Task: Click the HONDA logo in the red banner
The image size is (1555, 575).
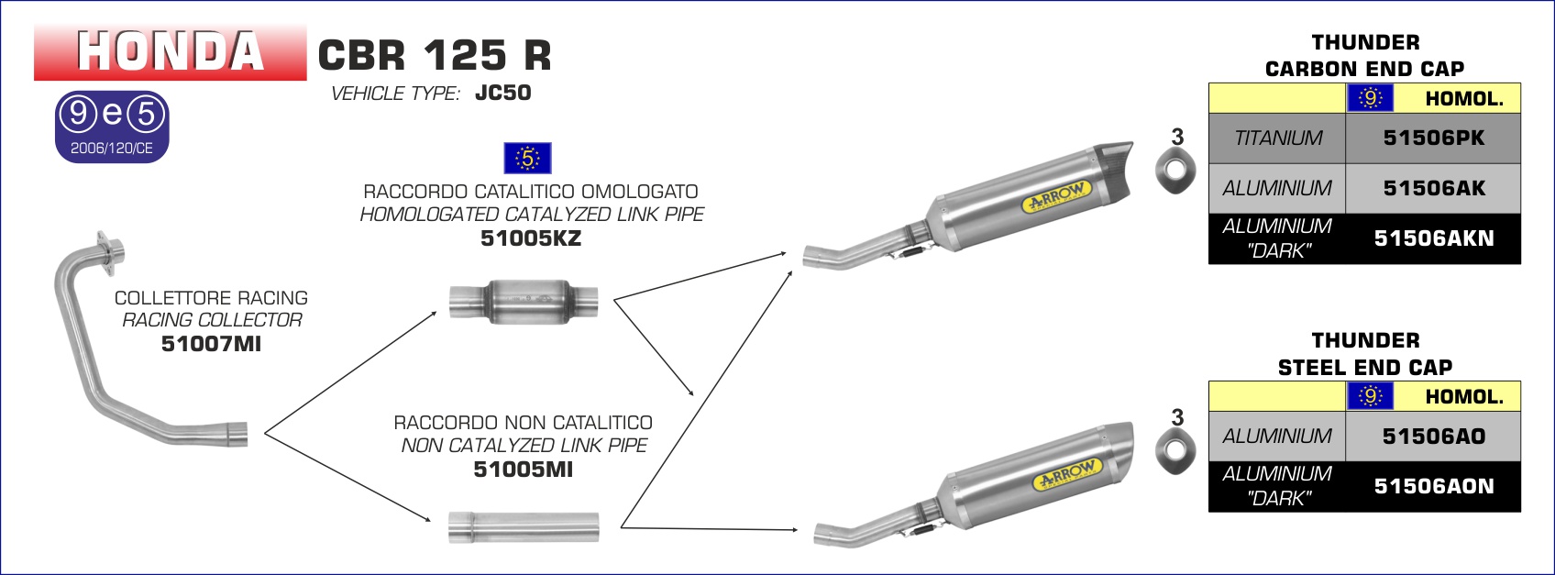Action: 171,51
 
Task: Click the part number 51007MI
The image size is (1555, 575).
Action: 211,344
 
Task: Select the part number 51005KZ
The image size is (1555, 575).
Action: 531,238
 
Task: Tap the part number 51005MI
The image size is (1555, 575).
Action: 524,470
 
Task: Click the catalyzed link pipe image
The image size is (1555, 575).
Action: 524,302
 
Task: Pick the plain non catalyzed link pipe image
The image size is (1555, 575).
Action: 524,527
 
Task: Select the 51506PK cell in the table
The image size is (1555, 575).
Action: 1434,138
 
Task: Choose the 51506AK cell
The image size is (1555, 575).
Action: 1434,188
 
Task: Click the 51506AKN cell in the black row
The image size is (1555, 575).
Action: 1434,238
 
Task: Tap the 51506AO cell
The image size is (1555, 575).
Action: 1434,437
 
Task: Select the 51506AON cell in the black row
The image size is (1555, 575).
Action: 1434,486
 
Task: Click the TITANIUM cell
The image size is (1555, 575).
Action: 1277,138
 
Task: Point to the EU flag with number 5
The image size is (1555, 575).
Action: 527,159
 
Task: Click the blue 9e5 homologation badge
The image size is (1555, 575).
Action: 112,127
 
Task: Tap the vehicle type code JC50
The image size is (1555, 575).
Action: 503,93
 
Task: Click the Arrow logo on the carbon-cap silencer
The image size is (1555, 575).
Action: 1056,196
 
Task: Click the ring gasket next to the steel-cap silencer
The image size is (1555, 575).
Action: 1175,450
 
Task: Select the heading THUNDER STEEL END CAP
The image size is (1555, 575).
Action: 1365,353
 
